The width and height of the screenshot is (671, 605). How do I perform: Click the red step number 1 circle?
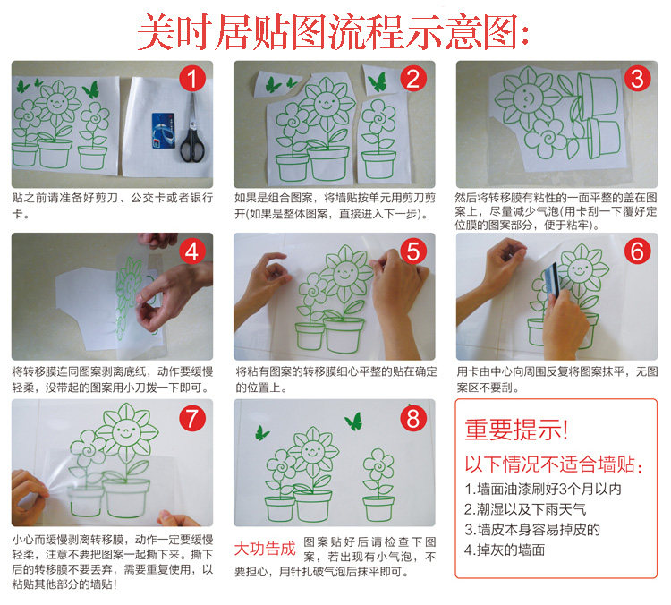(x=192, y=79)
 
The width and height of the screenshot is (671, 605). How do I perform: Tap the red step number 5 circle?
(x=413, y=251)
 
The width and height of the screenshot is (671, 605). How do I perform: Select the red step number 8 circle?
(x=413, y=418)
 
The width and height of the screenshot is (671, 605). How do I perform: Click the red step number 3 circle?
(x=637, y=79)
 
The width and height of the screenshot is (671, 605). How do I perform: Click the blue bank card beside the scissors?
(x=163, y=131)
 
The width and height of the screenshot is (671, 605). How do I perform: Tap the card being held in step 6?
(x=551, y=280)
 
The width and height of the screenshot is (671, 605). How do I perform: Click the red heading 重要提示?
(x=516, y=430)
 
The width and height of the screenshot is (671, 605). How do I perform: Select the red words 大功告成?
(x=265, y=549)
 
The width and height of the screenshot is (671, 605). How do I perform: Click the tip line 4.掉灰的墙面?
(x=505, y=550)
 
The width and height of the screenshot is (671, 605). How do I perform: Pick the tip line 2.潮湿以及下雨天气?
(x=525, y=509)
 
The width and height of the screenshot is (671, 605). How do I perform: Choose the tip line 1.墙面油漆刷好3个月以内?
(x=543, y=489)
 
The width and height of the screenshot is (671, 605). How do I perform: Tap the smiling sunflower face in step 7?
(x=126, y=431)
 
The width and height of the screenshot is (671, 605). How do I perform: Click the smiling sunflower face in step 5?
(x=345, y=273)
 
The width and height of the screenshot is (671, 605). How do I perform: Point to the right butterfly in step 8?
(x=354, y=422)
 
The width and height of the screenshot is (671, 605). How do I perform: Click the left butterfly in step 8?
(x=262, y=433)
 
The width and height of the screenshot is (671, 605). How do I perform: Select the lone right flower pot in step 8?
(x=378, y=508)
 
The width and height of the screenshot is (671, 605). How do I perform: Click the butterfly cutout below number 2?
(x=378, y=81)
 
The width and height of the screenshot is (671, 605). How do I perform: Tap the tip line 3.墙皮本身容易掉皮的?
(x=532, y=530)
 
